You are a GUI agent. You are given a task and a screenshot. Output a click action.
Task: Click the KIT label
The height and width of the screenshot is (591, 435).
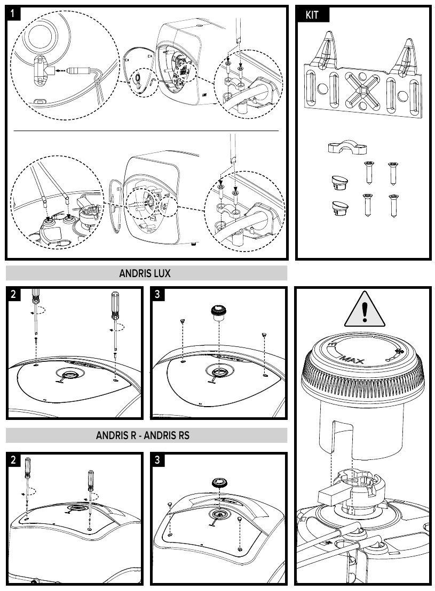click(x=312, y=15)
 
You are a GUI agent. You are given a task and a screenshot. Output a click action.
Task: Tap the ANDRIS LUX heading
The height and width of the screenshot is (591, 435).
click(x=145, y=273)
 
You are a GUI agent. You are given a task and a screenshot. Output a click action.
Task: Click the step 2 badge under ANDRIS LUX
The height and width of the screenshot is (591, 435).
click(x=14, y=295)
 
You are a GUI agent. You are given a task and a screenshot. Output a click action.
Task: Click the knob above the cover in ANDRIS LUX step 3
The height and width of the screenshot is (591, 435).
click(x=218, y=313)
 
